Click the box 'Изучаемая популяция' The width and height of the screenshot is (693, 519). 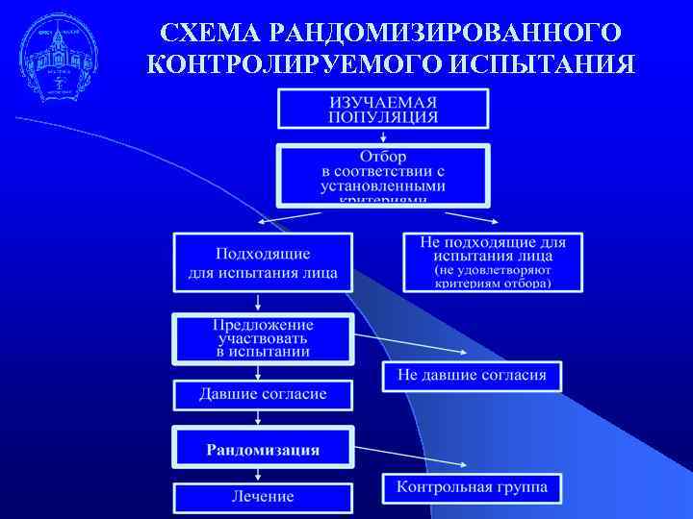coord(383,109)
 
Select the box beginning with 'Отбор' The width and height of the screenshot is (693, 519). coord(383,175)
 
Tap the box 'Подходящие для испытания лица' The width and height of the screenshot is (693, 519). coord(263,262)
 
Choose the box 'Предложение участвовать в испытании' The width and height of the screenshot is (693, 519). coord(263,338)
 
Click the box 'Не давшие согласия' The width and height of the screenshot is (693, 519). coord(472,375)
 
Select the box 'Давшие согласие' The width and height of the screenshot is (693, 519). coord(263,394)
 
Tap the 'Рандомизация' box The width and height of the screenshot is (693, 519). coord(263,449)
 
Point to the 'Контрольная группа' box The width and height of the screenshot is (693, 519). coord(472,487)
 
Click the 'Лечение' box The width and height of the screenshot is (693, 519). coord(263,497)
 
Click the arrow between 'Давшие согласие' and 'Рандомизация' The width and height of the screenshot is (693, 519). coord(258,417)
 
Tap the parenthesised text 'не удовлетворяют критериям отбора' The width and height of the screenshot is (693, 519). coord(493,276)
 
